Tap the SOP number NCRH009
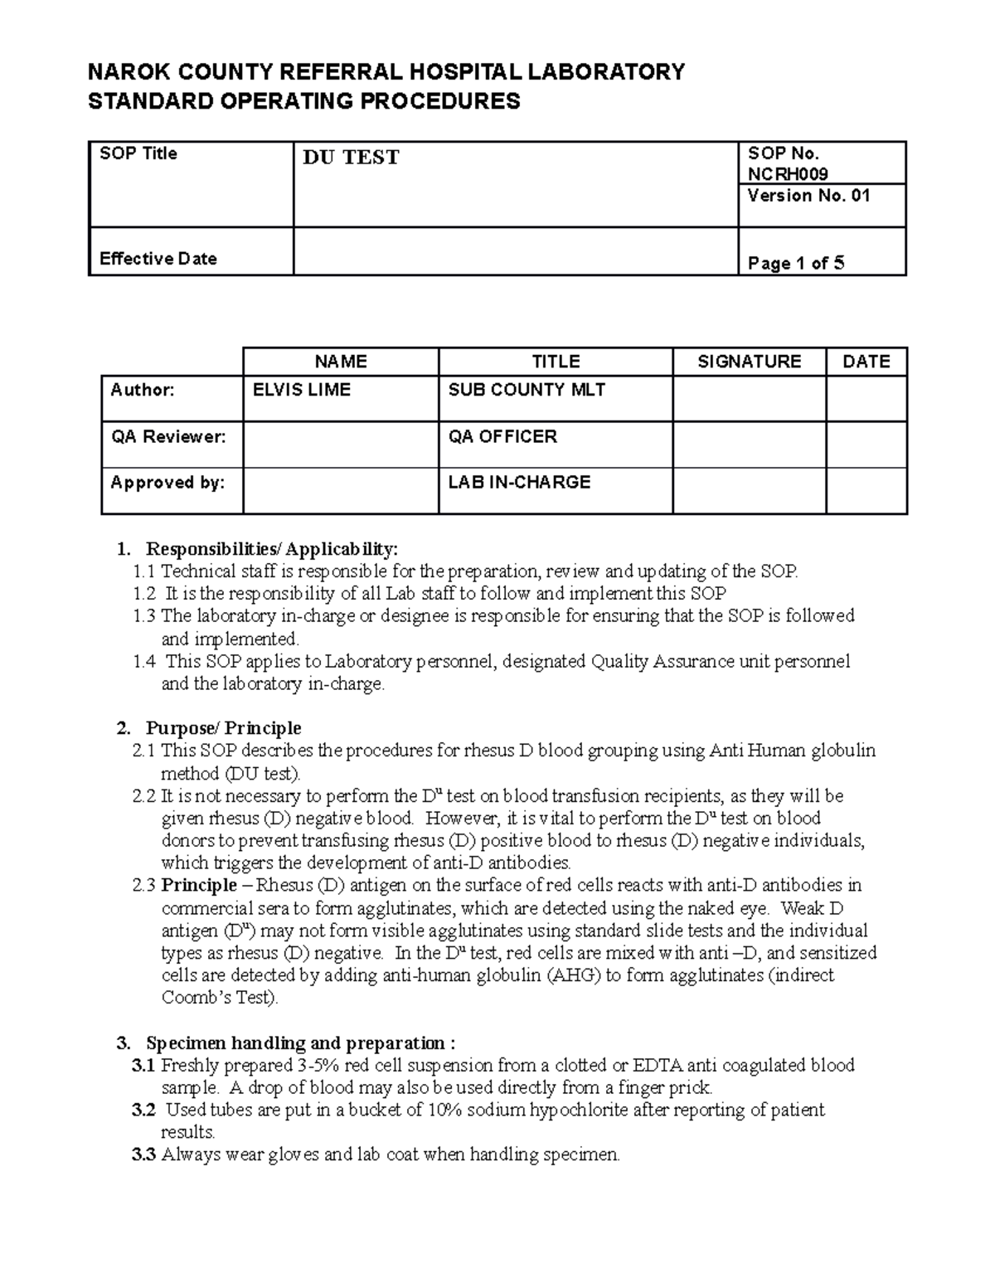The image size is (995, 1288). (x=787, y=173)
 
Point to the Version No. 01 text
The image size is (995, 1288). (x=808, y=196)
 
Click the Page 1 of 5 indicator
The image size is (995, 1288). (x=795, y=264)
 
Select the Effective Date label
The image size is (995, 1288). (x=158, y=259)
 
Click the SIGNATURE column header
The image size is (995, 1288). (x=749, y=362)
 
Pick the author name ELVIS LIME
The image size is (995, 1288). (x=301, y=390)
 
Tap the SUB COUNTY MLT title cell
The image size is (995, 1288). (x=527, y=390)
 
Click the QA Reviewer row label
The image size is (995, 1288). (x=168, y=436)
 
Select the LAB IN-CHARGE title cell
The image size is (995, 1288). (x=519, y=482)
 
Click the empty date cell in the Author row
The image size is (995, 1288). (x=866, y=398)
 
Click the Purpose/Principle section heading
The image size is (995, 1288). (x=223, y=728)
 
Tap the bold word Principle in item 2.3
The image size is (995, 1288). (x=199, y=886)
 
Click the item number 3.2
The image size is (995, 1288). (x=143, y=1110)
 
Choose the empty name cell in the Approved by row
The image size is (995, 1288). (x=340, y=490)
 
